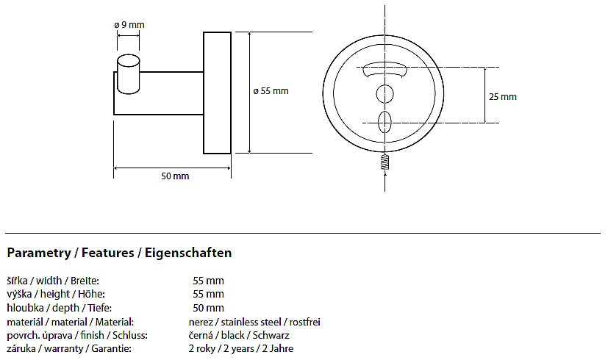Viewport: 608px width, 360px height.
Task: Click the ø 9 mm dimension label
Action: (129, 25)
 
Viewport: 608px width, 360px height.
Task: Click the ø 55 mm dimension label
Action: (271, 91)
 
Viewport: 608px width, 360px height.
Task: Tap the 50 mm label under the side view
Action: (175, 176)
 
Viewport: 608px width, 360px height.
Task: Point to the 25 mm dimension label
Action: (503, 97)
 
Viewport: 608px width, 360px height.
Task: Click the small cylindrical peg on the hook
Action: (129, 75)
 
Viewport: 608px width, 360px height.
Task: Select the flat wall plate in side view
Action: (217, 93)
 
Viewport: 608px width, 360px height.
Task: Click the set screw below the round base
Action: (385, 162)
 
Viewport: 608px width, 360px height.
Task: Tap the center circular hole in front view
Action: (385, 94)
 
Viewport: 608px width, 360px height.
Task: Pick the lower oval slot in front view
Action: (385, 121)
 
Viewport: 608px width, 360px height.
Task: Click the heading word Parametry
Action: (39, 253)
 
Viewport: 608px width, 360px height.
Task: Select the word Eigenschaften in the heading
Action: (188, 253)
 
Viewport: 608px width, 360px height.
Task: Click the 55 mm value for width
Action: (208, 281)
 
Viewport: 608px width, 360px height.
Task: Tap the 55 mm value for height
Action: (208, 294)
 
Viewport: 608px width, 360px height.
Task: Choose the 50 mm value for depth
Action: (208, 308)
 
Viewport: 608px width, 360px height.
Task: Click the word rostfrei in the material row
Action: (305, 322)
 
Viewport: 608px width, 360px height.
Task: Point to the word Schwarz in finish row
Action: (271, 335)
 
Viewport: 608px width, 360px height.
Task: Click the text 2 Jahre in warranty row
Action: (278, 349)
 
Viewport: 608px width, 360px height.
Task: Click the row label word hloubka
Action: (25, 308)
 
